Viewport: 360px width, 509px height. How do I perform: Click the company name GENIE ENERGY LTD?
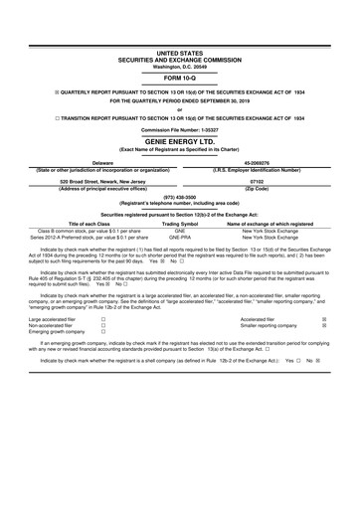click(x=180, y=142)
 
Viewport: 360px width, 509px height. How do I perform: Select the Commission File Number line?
click(x=180, y=129)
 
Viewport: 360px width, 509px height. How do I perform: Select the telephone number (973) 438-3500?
click(x=180, y=197)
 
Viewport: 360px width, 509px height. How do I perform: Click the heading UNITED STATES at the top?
click(x=180, y=50)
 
